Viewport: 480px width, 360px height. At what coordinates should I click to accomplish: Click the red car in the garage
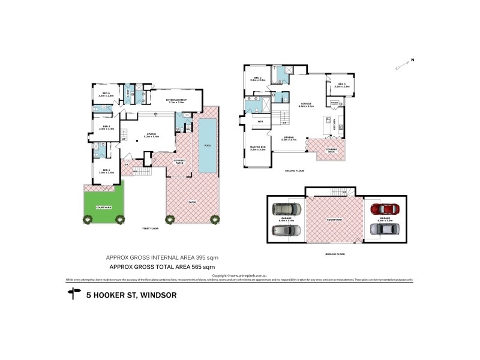[x=380, y=209]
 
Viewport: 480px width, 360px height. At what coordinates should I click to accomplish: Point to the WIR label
[x=261, y=121]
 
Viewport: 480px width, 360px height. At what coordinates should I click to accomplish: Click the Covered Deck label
[x=332, y=150]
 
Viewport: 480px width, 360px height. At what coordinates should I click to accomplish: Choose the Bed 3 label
[x=341, y=84]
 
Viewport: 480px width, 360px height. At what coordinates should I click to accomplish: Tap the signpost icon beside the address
[x=74, y=294]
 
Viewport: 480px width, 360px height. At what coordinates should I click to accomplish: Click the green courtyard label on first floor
[x=103, y=208]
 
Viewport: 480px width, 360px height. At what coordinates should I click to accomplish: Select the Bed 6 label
[x=106, y=94]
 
